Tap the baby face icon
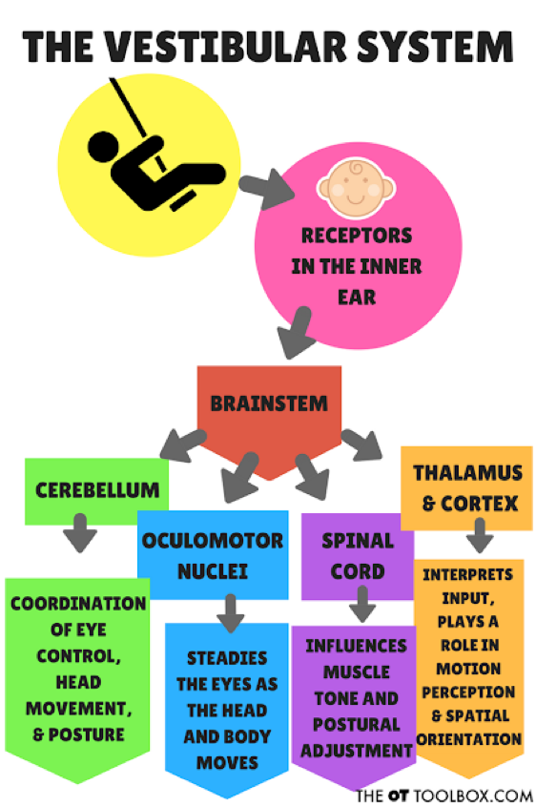pos(356,188)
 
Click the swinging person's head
pos(103,147)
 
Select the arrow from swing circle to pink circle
pos(266,189)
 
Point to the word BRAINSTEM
pos(269,403)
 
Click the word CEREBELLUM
pos(97,490)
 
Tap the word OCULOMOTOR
pos(213,541)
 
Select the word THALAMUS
pos(467,473)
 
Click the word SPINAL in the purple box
pos(358,541)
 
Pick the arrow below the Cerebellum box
pos(80,532)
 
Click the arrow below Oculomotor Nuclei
pos(230,613)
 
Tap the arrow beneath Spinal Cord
pos(362,604)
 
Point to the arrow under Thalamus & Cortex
pos(480,535)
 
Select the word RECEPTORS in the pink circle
pos(357,236)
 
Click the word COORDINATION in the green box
pos(78,604)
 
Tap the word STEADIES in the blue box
pos(227,658)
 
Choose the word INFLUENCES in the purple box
pos(356,646)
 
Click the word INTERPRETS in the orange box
pos(467,574)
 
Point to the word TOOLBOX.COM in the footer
pos(473,796)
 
